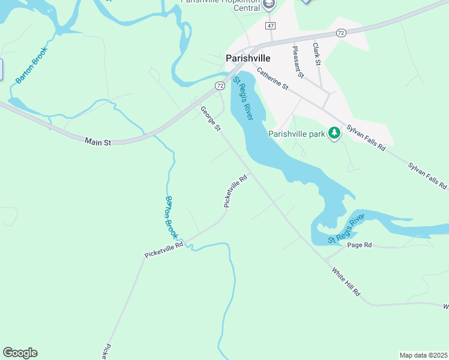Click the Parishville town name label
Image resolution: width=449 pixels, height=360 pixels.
pos(247,58)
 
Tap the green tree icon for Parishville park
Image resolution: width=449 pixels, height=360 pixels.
pos(334,134)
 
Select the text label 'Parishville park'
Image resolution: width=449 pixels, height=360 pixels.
pos(297,134)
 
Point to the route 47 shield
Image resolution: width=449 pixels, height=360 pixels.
pos(271,26)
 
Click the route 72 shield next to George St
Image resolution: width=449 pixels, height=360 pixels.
pos(219,86)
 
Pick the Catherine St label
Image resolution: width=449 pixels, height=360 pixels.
pos(273,79)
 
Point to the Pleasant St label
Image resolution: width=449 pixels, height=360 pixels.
pos(298,62)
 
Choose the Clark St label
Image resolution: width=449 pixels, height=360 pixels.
pos(316,54)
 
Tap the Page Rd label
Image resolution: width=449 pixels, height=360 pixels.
pos(360,245)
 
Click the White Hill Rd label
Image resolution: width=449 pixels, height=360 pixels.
pos(346,281)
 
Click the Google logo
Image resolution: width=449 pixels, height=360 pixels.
pos(20,353)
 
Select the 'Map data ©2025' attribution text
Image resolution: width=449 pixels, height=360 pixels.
pos(423,355)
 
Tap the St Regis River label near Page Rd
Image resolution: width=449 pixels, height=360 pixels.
pos(346,229)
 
